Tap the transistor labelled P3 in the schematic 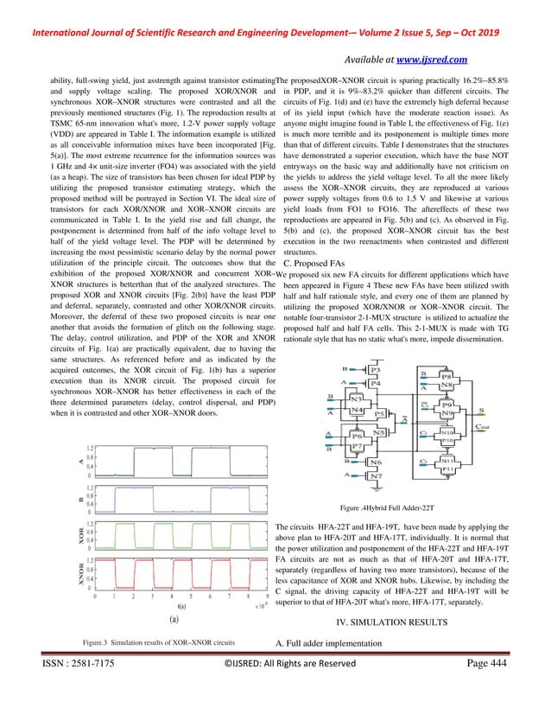tap(374, 369)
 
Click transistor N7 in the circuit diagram tap(374, 475)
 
